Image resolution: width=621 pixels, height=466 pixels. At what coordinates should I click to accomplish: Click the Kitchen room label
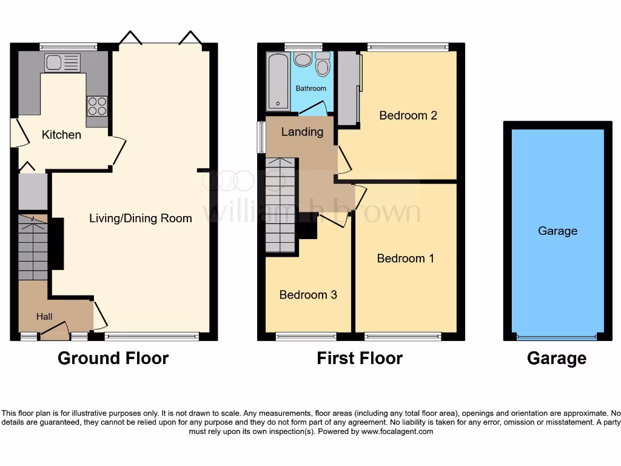click(x=61, y=135)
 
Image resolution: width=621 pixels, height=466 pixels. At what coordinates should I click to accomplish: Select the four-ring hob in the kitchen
click(x=97, y=106)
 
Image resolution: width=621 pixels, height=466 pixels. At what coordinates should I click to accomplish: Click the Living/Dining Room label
click(x=141, y=218)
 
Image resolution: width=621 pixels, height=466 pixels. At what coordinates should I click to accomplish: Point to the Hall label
click(x=44, y=317)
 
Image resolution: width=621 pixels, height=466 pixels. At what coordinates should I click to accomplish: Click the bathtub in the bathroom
click(x=278, y=81)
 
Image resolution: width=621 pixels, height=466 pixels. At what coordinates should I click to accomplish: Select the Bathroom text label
click(x=310, y=89)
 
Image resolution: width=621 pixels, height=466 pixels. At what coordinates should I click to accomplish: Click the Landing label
click(x=302, y=132)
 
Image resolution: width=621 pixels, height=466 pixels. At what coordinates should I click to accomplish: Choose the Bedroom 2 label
click(x=408, y=115)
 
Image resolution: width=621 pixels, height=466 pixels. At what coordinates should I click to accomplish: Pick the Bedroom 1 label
click(x=406, y=258)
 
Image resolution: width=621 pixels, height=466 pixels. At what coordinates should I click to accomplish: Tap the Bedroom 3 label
click(x=308, y=295)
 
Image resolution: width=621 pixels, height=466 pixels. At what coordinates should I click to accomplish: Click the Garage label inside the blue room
click(x=557, y=231)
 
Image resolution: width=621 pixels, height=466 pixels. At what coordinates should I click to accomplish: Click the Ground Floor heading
click(x=113, y=359)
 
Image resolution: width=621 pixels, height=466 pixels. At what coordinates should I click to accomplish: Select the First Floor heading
click(x=360, y=359)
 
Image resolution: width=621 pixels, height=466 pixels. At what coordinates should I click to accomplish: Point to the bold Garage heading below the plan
click(x=557, y=359)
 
